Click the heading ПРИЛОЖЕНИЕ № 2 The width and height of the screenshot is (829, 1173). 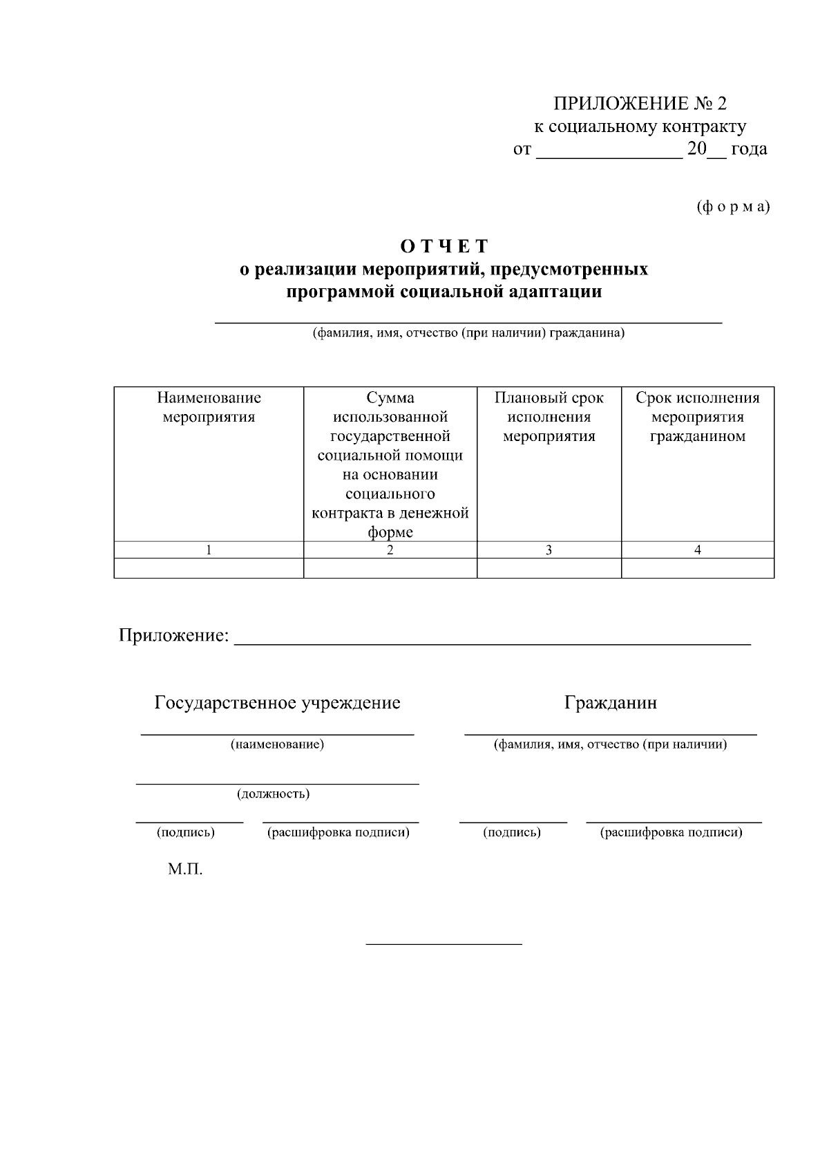pyautogui.click(x=640, y=104)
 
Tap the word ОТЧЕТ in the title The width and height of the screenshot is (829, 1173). pyautogui.click(x=444, y=246)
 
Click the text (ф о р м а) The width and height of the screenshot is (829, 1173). pyautogui.click(x=733, y=207)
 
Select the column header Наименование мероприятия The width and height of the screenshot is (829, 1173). pyautogui.click(x=209, y=407)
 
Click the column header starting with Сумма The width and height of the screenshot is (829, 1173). pyautogui.click(x=390, y=464)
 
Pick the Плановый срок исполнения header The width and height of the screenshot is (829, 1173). pyautogui.click(x=549, y=417)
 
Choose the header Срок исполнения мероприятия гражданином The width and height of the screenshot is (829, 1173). pyautogui.click(x=697, y=417)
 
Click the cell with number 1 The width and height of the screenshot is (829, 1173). pyautogui.click(x=209, y=550)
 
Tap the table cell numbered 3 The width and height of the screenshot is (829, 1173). pyautogui.click(x=549, y=550)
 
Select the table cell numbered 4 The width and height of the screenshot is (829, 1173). pyautogui.click(x=697, y=550)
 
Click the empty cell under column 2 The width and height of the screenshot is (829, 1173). pyautogui.click(x=390, y=568)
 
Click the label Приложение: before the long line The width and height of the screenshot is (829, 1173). pyautogui.click(x=173, y=635)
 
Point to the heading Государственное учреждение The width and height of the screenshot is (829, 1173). pyautogui.click(x=277, y=703)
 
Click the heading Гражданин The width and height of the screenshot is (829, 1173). pyautogui.click(x=611, y=703)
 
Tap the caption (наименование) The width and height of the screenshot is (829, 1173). pyautogui.click(x=277, y=744)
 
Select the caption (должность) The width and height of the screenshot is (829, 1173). pyautogui.click(x=274, y=794)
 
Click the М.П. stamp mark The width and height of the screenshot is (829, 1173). pyautogui.click(x=185, y=870)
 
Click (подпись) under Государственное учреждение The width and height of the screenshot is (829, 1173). pyautogui.click(x=186, y=832)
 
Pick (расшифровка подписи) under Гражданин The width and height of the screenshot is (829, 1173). pyautogui.click(x=671, y=832)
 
